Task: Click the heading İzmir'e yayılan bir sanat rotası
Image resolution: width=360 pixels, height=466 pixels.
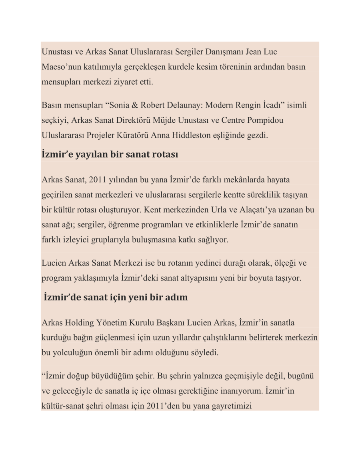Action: pos(110,154)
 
